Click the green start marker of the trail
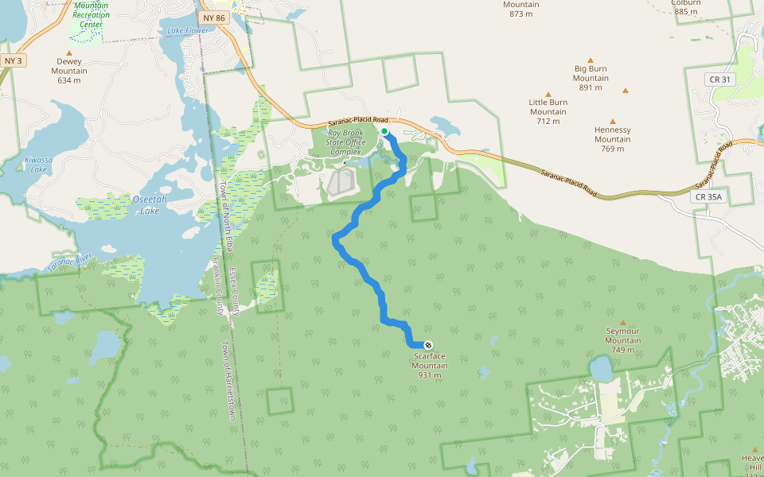click(384, 131)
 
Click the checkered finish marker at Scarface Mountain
click(428, 345)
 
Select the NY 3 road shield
click(12, 60)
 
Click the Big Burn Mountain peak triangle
click(591, 60)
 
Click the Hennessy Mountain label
click(612, 134)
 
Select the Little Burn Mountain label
click(548, 107)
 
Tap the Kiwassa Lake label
click(38, 165)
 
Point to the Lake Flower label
click(188, 31)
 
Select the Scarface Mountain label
click(430, 366)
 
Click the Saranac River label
click(72, 262)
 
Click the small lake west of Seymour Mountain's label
click(601, 369)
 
